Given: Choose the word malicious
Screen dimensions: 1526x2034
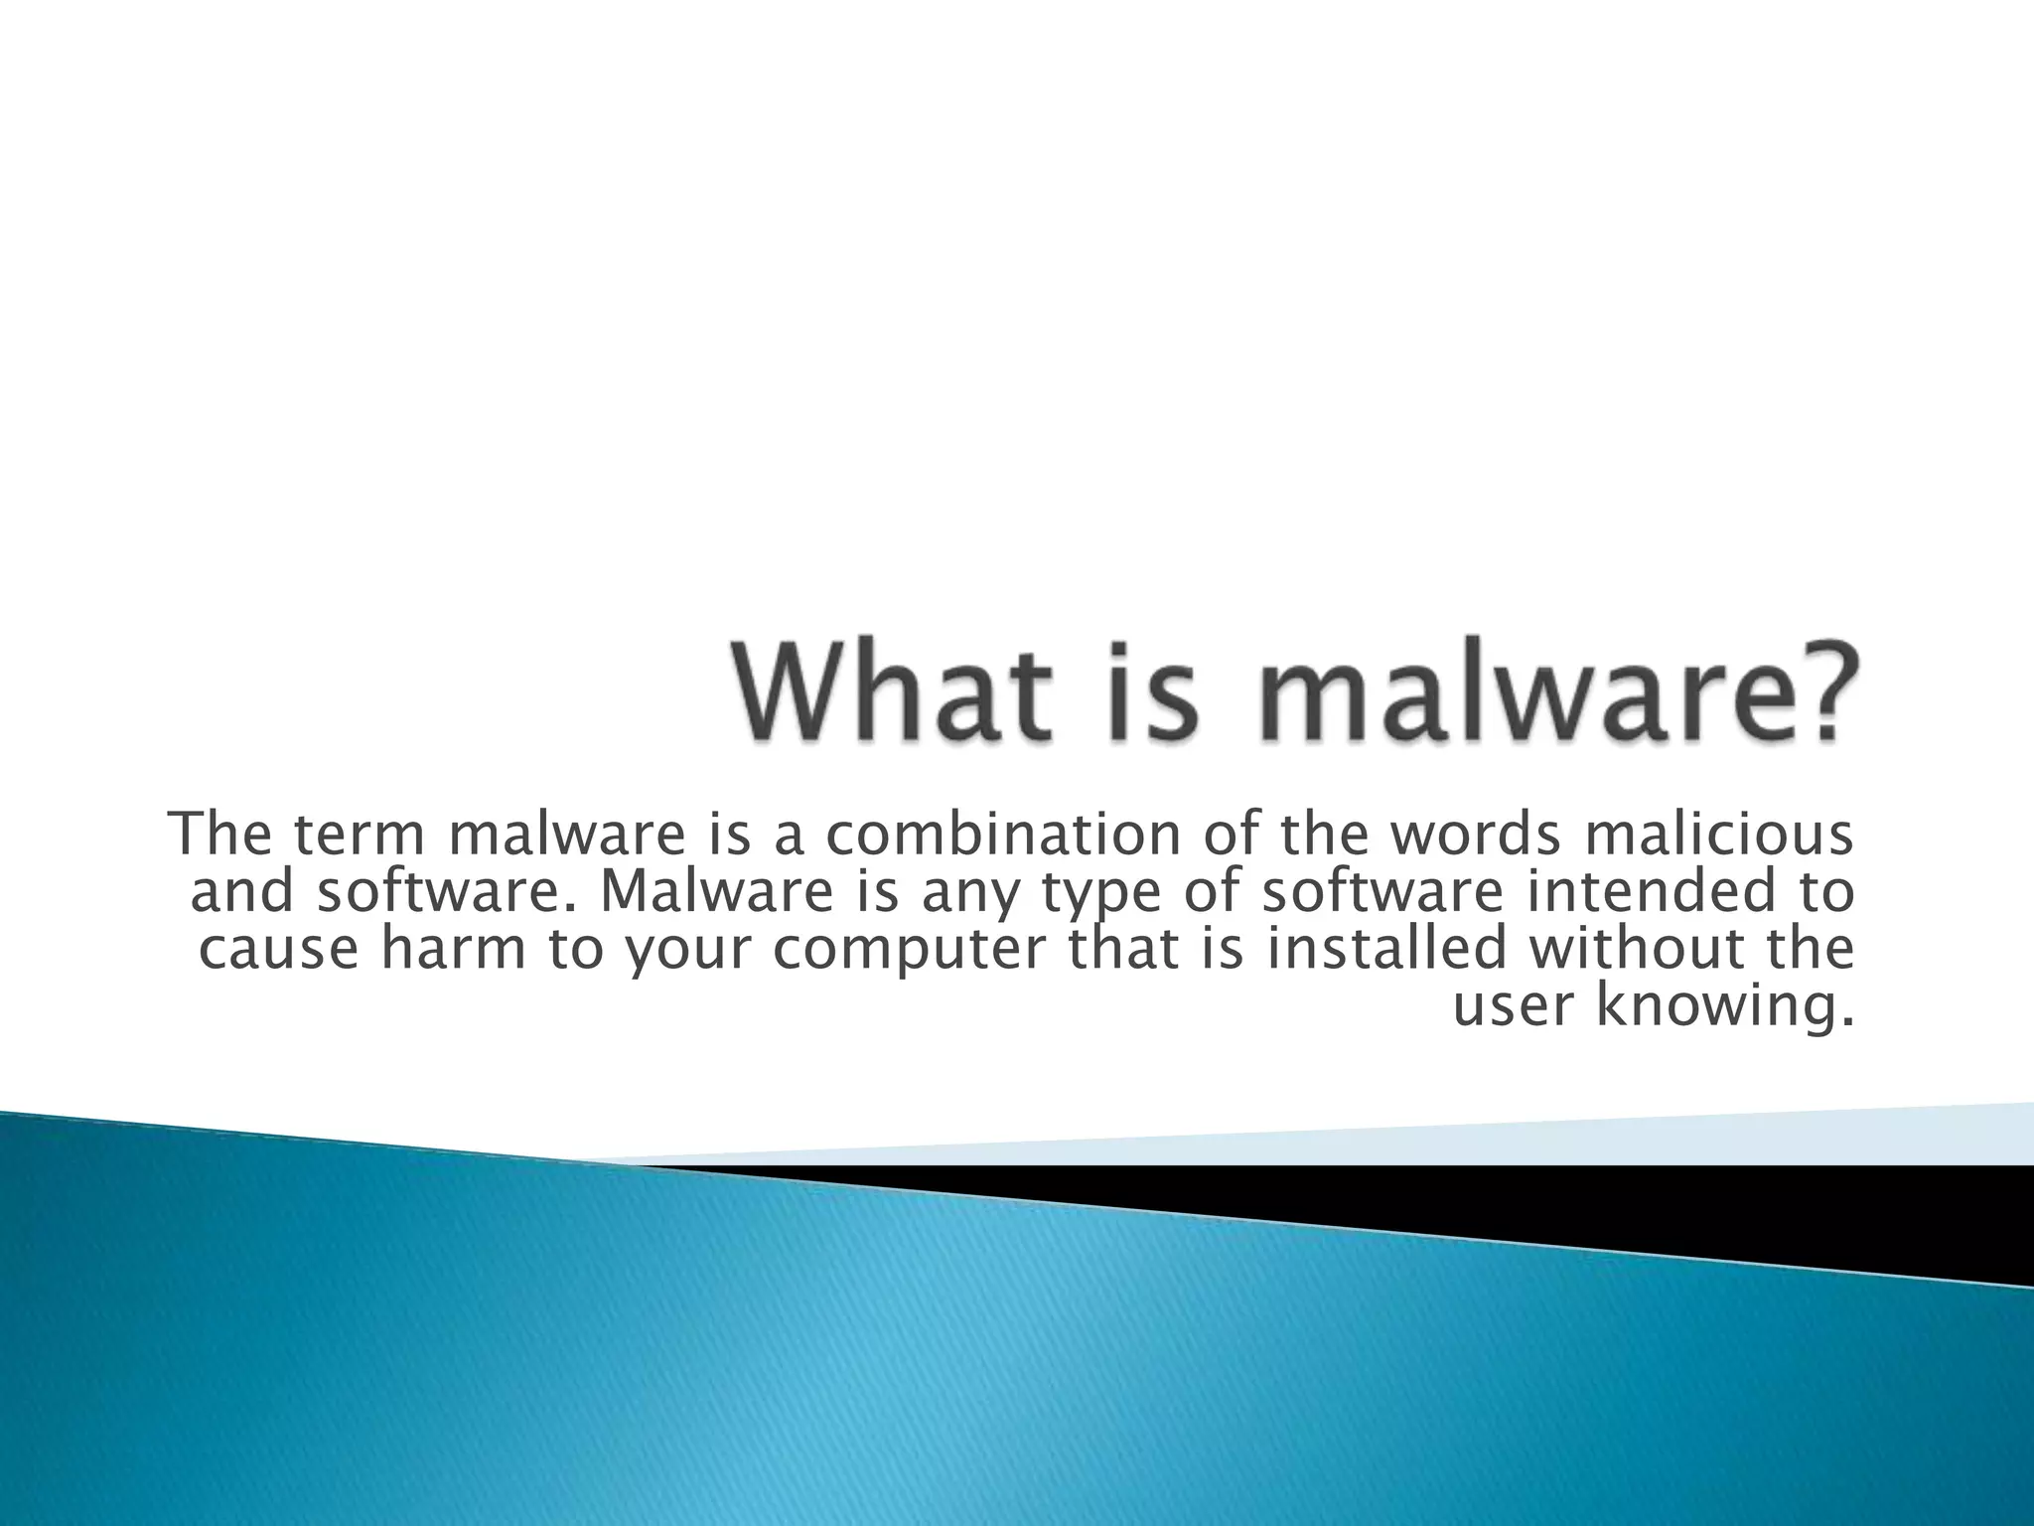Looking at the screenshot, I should pos(1719,835).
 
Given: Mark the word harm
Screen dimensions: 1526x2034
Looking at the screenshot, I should pos(453,948).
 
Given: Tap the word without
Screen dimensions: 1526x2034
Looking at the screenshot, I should pos(1635,948).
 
